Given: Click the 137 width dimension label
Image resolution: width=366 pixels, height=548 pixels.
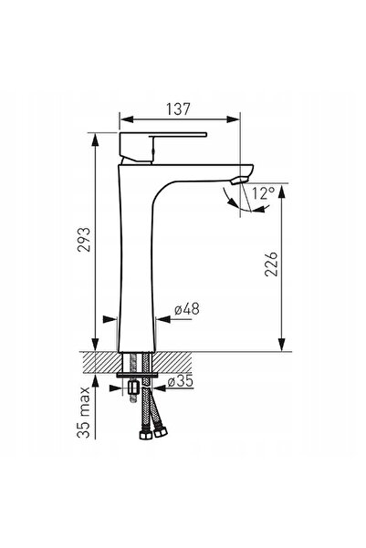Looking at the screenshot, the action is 179,109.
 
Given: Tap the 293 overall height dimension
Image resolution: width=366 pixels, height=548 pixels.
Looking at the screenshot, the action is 84,240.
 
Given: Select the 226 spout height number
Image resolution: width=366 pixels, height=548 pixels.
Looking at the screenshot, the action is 271,264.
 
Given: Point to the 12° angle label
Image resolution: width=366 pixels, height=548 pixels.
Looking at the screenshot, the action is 264,193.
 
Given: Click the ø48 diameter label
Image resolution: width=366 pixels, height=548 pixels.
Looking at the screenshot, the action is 187,309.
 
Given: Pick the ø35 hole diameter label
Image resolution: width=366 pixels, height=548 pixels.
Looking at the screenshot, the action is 181,381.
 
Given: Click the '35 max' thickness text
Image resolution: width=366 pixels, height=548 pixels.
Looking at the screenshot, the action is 84,412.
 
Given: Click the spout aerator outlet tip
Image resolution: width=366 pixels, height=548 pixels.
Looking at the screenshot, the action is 239,181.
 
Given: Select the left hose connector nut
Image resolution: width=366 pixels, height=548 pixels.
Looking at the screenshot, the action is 144,434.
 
